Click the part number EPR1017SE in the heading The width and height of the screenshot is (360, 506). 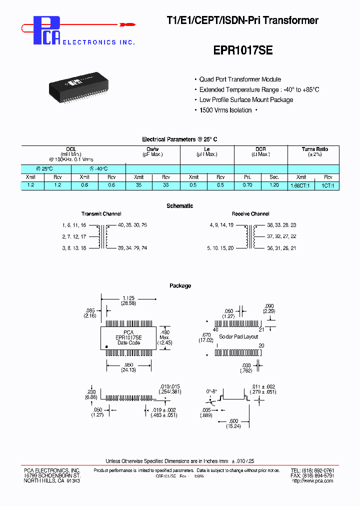[243, 50]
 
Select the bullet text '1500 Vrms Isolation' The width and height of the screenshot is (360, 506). [225, 110]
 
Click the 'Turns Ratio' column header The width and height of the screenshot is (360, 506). [314, 149]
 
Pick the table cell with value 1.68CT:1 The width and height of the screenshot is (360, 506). [300, 185]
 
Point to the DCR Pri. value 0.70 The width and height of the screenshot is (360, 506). [247, 185]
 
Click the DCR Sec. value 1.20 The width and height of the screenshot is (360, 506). [274, 185]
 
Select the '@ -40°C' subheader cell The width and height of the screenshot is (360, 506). [98, 169]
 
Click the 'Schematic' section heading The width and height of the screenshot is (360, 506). [179, 206]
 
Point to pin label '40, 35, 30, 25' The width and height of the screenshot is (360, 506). [132, 225]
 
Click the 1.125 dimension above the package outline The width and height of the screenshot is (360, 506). [128, 298]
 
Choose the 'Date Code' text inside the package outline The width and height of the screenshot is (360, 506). [128, 342]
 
